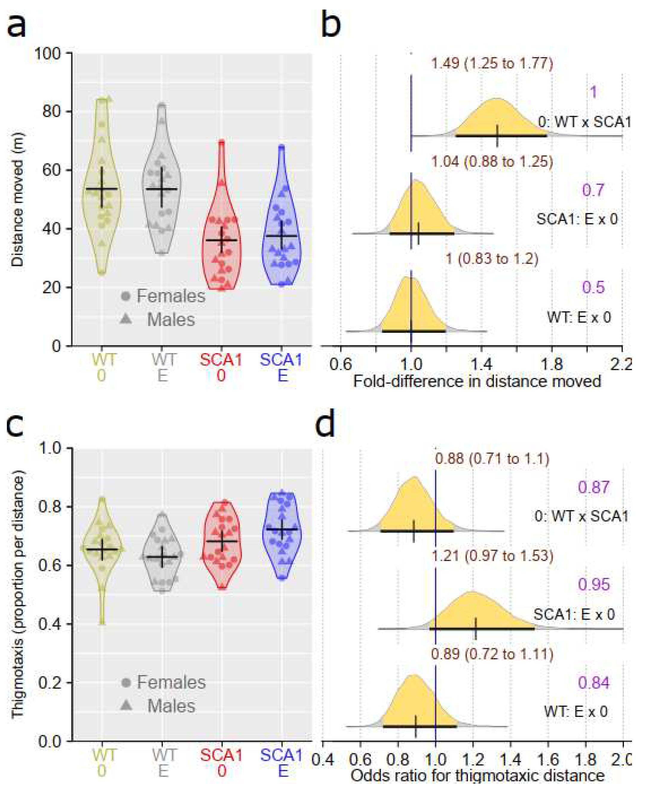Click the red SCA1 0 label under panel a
(221, 367)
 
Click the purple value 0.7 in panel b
(593, 190)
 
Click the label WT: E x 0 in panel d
(576, 712)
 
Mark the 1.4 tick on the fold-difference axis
(481, 364)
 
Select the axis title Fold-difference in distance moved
(477, 381)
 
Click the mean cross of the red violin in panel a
(222, 240)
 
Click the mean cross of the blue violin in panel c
(282, 529)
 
